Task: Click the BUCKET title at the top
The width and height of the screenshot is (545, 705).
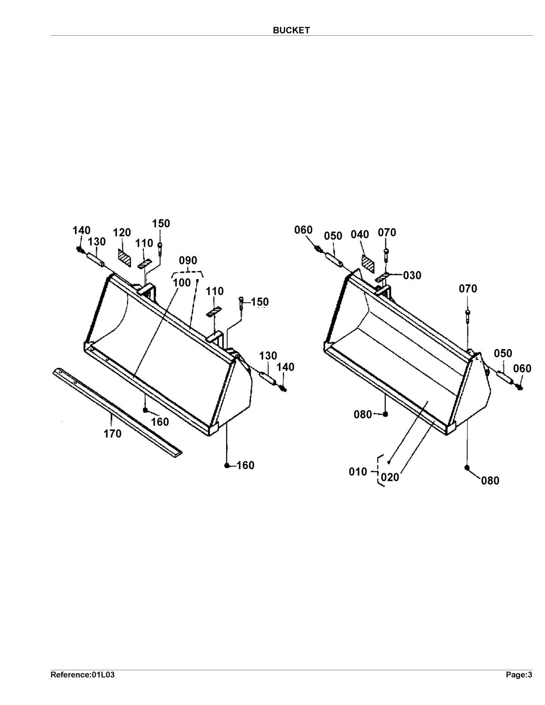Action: click(291, 30)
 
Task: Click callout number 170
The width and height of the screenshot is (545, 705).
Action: click(112, 434)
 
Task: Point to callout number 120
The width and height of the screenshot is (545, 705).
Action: click(122, 233)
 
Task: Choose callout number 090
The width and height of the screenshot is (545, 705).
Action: click(188, 260)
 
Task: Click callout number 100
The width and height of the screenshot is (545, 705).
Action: click(182, 283)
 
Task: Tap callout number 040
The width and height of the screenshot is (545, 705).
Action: click(360, 234)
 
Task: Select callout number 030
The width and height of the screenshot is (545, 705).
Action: click(412, 275)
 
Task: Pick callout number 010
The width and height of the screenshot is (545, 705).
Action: click(358, 472)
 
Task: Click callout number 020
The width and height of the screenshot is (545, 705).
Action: click(389, 477)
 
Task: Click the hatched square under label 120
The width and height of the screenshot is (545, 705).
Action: click(124, 258)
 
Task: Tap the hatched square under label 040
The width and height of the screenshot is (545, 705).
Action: click(368, 264)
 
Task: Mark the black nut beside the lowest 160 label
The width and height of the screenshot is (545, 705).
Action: click(227, 466)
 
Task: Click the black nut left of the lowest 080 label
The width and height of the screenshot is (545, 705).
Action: click(467, 468)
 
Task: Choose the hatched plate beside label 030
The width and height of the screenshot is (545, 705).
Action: click(382, 278)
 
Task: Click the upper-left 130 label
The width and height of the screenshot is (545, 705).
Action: click(97, 242)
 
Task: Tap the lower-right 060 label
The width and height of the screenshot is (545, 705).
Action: click(522, 368)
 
